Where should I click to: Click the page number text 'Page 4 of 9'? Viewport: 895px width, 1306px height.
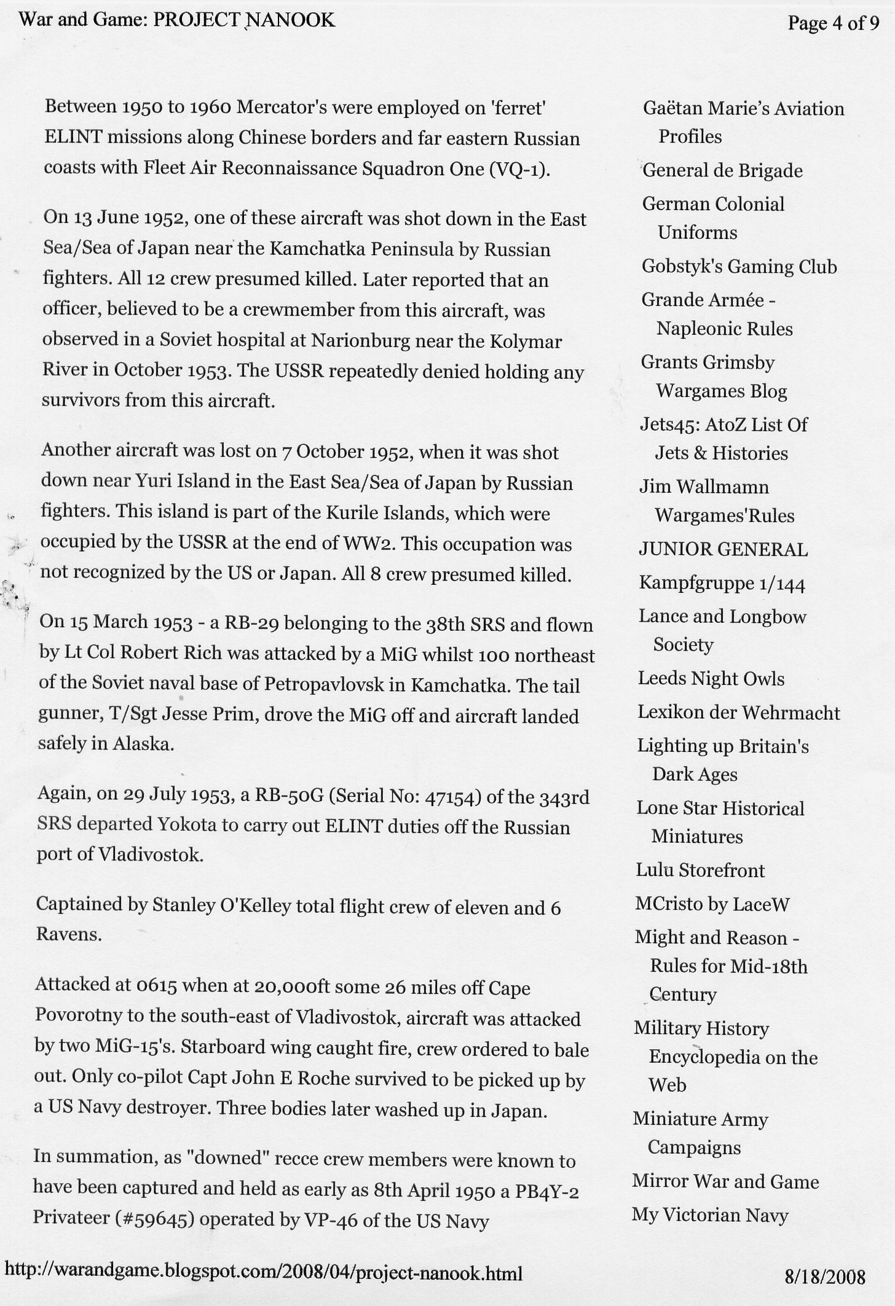point(833,24)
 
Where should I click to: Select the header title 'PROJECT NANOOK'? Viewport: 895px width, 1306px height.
point(243,21)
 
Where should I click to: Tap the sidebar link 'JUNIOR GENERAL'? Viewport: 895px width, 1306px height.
point(723,549)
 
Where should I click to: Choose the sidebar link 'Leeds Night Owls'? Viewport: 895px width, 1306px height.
point(711,678)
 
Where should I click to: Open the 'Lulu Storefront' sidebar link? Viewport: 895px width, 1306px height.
point(700,870)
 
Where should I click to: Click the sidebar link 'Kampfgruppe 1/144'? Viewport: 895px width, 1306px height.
point(722,582)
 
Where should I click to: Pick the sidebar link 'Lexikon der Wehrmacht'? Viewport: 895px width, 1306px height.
point(738,713)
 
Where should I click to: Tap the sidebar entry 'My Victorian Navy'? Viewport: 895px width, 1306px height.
point(710,1215)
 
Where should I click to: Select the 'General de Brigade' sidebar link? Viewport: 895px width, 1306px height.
point(722,170)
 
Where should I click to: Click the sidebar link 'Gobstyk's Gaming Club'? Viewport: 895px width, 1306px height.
point(739,267)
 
